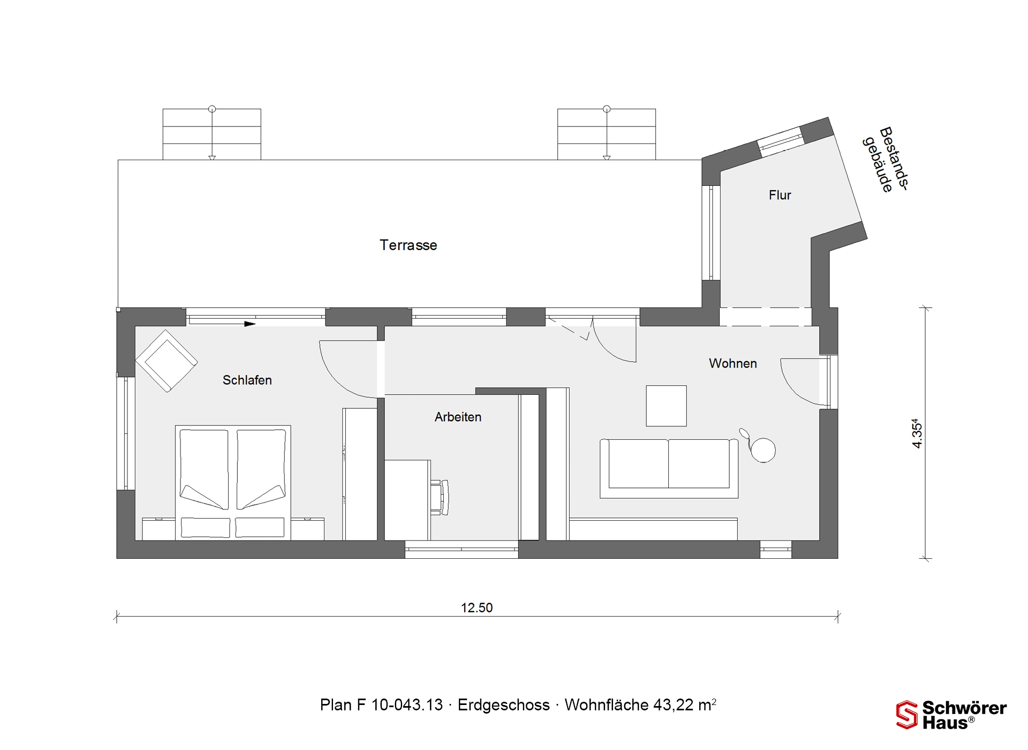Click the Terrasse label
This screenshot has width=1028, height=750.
point(408,245)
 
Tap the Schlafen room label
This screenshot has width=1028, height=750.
point(247,380)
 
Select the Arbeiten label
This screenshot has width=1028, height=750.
point(458,417)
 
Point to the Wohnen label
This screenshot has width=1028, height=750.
point(732,364)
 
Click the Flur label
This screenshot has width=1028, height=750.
point(780,195)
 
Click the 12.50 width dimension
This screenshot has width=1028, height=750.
point(477,607)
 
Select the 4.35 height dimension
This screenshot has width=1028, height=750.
point(917,433)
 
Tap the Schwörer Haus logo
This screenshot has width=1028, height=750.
point(951,715)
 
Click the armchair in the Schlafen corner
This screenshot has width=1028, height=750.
point(167,361)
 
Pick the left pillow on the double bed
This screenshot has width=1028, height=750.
point(206,528)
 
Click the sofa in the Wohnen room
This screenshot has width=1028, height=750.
point(669,469)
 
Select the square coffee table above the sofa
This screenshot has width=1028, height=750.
point(666,406)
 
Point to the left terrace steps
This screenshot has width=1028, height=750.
point(212,134)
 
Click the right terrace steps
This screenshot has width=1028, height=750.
point(607,134)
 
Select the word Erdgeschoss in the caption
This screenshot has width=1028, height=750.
point(503,705)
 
